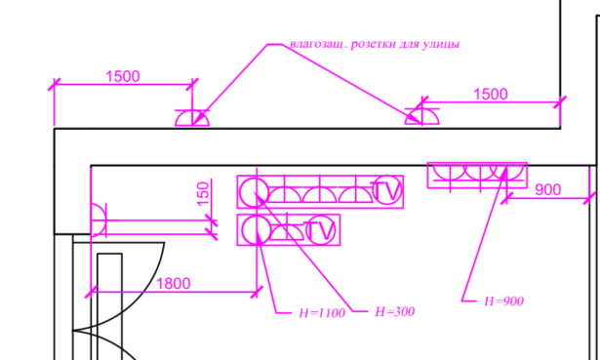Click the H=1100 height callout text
coord(322,313)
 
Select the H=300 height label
coord(394,312)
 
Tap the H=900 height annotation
coord(503,301)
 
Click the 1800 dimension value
coord(174,284)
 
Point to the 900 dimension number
coord(548,189)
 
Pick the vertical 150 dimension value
coord(204,193)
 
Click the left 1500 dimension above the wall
coord(123,76)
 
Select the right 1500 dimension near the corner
coord(491,94)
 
